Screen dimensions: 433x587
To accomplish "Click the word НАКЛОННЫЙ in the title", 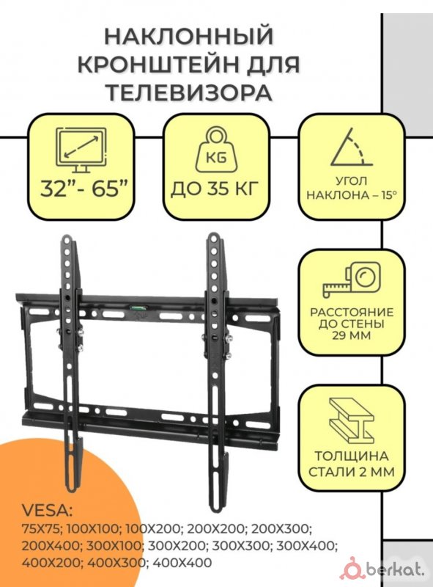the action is (x=189, y=37).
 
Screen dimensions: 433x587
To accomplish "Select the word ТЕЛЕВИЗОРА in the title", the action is (x=189, y=92).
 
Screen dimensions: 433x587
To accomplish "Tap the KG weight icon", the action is (x=217, y=150).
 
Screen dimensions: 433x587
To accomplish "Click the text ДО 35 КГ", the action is (x=215, y=189).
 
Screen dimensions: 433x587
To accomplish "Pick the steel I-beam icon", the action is (x=352, y=420).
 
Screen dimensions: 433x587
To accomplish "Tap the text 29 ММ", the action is (x=351, y=335).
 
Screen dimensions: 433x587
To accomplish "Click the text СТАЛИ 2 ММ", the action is (x=352, y=472).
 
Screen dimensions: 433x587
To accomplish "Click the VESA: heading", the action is (x=48, y=511).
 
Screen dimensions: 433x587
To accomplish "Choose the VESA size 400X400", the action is (x=182, y=562).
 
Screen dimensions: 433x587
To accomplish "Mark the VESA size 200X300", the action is (x=281, y=529).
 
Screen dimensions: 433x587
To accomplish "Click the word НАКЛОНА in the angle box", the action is (x=335, y=195).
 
